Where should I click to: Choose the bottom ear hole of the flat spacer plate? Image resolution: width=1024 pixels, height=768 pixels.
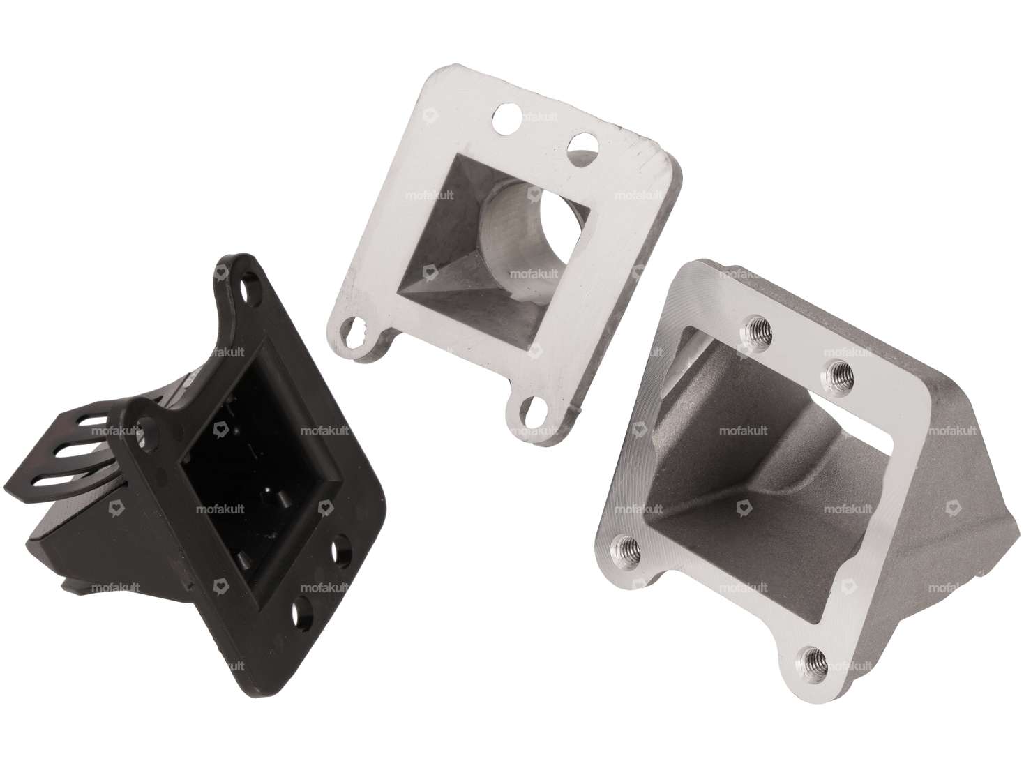click(528, 411)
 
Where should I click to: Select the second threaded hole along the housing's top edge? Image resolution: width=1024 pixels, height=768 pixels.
click(835, 373)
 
